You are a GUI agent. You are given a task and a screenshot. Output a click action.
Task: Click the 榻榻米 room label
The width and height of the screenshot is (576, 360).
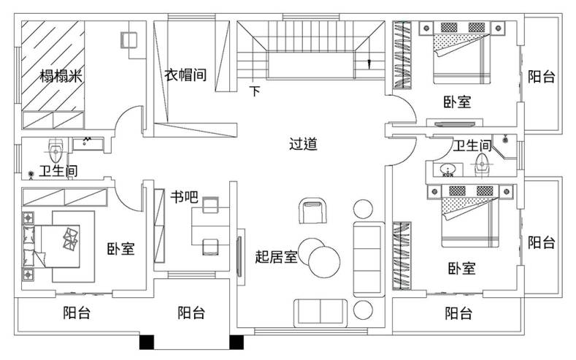point(61,76)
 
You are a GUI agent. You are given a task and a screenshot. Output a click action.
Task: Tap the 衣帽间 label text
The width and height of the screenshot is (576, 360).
point(185,74)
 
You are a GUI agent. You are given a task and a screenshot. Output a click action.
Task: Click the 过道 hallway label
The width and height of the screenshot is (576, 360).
point(303,144)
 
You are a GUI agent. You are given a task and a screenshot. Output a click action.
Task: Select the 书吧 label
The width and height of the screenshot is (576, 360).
point(184,197)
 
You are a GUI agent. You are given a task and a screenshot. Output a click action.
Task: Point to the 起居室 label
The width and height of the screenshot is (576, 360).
point(276,256)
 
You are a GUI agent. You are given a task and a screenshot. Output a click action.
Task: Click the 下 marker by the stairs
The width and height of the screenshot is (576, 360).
point(255,91)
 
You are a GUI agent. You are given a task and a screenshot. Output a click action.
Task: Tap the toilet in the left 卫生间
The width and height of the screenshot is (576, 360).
point(55,150)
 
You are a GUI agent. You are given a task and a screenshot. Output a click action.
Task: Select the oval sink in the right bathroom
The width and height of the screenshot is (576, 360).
point(448,169)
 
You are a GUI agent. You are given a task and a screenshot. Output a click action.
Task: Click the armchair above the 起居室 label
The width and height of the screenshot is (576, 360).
point(312,210)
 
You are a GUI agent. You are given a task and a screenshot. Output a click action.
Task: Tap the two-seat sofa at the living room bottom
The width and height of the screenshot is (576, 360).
point(320,313)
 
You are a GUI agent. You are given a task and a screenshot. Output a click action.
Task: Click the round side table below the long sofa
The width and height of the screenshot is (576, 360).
point(363,310)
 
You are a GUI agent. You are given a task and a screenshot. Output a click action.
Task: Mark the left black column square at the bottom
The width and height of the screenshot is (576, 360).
point(147,342)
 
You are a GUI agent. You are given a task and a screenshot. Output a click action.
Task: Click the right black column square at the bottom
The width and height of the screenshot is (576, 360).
point(237,342)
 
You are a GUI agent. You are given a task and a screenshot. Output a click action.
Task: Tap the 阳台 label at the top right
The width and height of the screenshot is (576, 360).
point(541,77)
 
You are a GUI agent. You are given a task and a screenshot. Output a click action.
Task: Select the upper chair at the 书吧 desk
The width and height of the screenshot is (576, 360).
point(210,205)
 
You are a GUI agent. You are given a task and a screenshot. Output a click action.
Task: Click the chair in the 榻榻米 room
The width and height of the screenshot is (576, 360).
point(129,39)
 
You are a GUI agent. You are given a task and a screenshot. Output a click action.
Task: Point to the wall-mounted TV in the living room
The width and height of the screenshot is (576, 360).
point(239,257)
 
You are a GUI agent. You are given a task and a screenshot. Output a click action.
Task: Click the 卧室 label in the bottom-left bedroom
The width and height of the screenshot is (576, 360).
point(121,249)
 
